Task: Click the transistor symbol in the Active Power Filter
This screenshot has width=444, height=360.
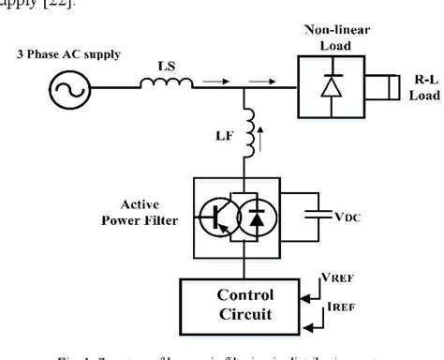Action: coord(216,217)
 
